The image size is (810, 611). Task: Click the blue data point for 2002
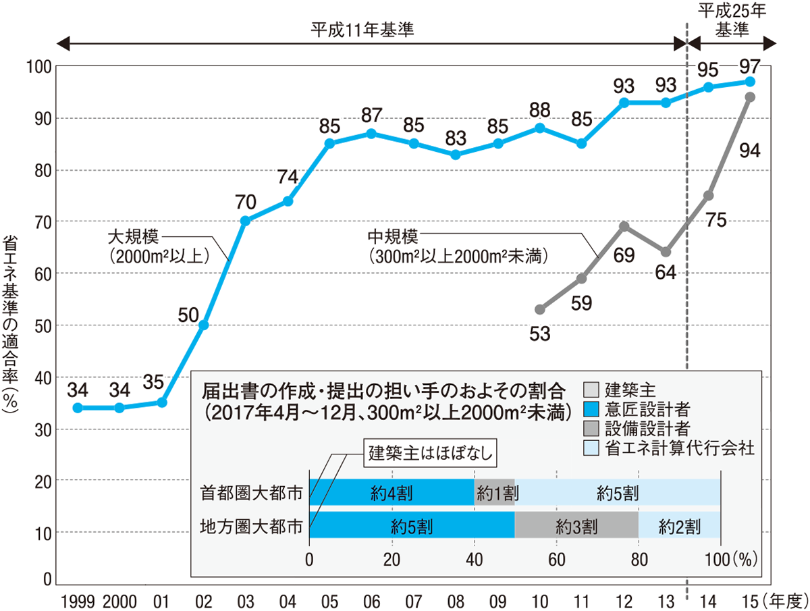tap(203, 325)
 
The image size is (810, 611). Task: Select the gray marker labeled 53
tap(539, 309)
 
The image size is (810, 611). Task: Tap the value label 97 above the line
tap(749, 66)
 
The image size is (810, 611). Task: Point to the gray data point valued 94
tap(749, 97)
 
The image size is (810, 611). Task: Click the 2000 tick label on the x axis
tap(119, 599)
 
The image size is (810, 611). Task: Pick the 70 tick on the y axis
tap(43, 221)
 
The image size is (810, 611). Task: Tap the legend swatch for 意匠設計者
tap(590, 409)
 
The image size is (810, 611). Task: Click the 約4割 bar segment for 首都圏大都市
tap(391, 492)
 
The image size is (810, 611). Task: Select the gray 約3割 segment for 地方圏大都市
tap(576, 525)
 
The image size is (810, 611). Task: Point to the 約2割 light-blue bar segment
tap(680, 525)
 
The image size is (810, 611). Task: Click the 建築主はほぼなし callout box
tap(431, 453)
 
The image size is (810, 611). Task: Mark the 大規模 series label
tap(133, 237)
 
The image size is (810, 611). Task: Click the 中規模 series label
tap(393, 237)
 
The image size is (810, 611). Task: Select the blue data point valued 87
tap(371, 133)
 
